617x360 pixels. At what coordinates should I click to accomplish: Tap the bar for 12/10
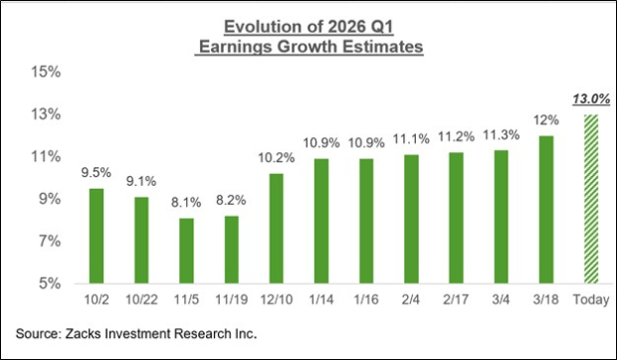tap(277, 229)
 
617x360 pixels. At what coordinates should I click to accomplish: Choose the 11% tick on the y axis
tap(47, 157)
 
